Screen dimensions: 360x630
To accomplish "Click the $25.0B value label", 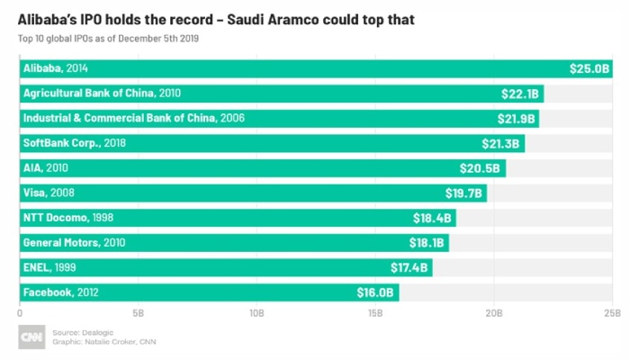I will coord(588,68).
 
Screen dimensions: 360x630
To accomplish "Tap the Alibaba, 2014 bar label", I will coord(56,68).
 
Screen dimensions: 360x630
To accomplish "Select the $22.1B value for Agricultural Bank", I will coord(519,94).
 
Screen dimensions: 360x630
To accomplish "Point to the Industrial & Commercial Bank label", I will coord(134,118).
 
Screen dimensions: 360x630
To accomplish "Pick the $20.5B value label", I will coord(481,168).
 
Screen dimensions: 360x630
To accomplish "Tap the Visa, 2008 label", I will coord(51,193).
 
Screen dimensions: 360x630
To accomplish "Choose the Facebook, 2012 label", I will coord(61,292).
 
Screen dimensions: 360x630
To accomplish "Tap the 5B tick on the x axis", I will coord(139,313).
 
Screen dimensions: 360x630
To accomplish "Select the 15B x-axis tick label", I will coord(375,313).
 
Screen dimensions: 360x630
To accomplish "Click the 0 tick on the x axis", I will coord(20,313).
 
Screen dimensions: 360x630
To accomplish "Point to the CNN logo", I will coord(32,337).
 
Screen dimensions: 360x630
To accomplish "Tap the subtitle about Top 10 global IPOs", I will coord(108,37).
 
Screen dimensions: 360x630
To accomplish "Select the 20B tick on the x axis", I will coord(493,313).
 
